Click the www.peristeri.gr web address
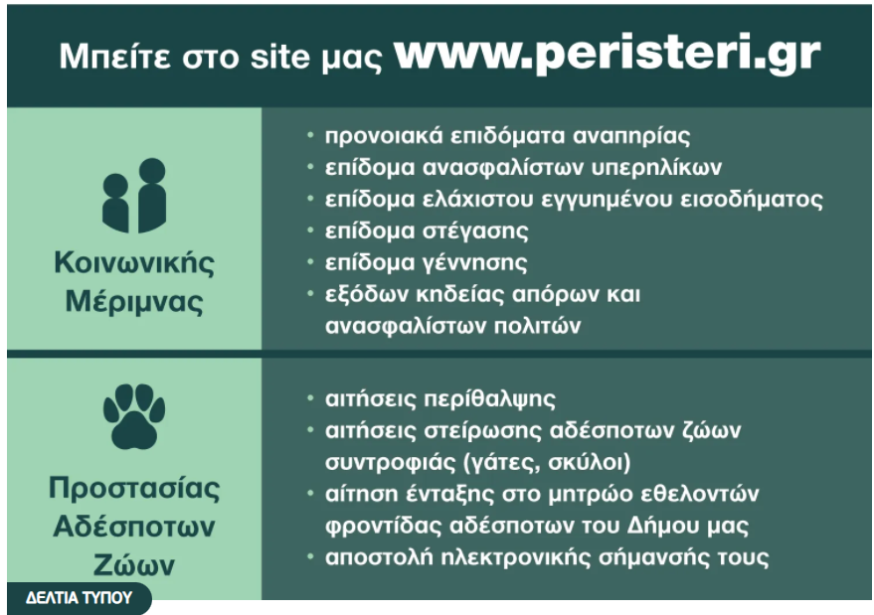(x=607, y=56)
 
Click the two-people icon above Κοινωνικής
(x=134, y=196)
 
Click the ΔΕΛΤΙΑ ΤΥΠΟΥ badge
(x=79, y=599)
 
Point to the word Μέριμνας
(x=134, y=302)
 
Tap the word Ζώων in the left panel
(x=134, y=565)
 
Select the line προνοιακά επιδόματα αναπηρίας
(x=507, y=136)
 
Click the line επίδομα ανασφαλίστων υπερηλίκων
(x=523, y=167)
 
